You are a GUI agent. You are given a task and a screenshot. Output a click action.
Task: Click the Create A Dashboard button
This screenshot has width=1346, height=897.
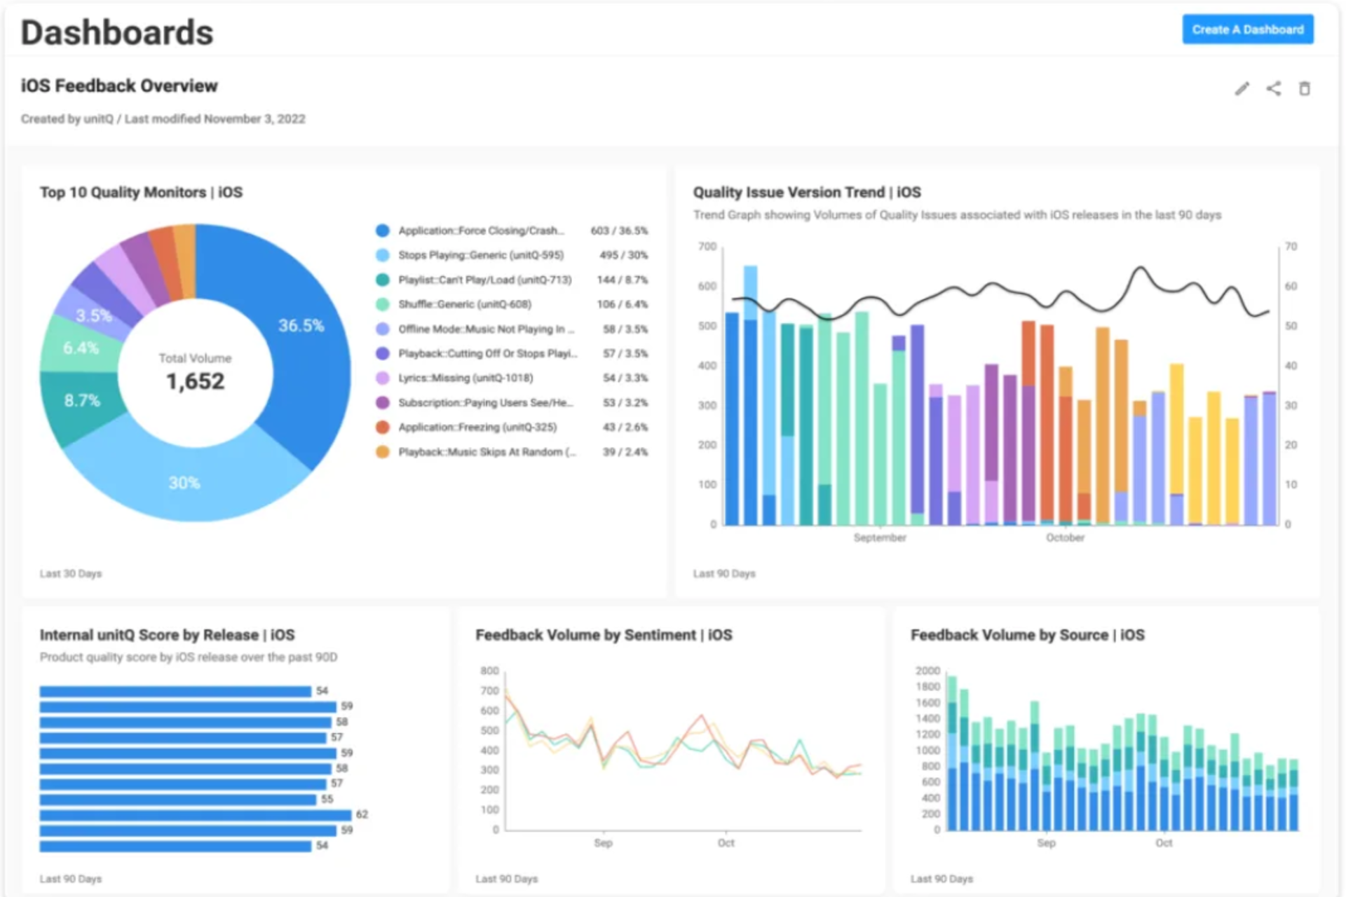[x=1248, y=29]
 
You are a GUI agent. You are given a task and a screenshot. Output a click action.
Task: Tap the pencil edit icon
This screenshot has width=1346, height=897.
[x=1242, y=88]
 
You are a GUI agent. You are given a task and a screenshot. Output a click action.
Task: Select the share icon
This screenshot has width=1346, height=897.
[x=1274, y=88]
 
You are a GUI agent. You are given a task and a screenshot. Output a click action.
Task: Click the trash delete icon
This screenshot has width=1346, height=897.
[x=1305, y=88]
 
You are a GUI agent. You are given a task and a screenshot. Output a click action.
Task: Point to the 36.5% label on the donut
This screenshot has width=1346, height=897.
[x=301, y=326]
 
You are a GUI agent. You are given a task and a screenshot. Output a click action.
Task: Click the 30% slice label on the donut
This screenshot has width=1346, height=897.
[x=184, y=483]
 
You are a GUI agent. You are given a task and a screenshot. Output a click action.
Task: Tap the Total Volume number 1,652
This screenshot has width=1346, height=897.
[x=195, y=381]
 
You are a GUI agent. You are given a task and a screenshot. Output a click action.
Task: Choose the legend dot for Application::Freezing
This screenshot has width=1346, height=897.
[x=382, y=427]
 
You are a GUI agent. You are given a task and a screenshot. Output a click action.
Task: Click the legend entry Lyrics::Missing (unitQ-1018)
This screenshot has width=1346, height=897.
[x=465, y=378]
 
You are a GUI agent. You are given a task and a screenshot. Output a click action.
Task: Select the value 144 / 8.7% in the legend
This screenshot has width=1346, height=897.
[x=622, y=280]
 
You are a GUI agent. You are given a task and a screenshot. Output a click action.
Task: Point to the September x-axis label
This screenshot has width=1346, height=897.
[x=880, y=537]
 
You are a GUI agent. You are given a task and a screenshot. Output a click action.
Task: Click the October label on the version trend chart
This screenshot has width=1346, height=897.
[x=1065, y=537]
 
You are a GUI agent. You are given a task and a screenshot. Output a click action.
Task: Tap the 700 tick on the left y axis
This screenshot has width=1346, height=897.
[x=707, y=247]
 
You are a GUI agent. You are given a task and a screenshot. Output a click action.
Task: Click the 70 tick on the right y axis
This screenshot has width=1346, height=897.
[x=1291, y=247]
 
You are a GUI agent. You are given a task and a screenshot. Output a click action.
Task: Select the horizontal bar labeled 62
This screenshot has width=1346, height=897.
[x=196, y=815]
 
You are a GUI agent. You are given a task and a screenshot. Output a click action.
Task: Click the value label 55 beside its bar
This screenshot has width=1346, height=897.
[x=327, y=799]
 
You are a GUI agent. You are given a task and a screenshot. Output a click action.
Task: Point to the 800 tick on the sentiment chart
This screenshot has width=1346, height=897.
[x=489, y=671]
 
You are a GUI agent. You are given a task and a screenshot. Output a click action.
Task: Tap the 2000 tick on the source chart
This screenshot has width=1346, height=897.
[x=927, y=671]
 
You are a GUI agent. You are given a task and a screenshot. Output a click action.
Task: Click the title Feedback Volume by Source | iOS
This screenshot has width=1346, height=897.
[x=1027, y=635]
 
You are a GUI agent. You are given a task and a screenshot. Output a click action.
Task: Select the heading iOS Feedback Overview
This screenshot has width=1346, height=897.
[x=119, y=85]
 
